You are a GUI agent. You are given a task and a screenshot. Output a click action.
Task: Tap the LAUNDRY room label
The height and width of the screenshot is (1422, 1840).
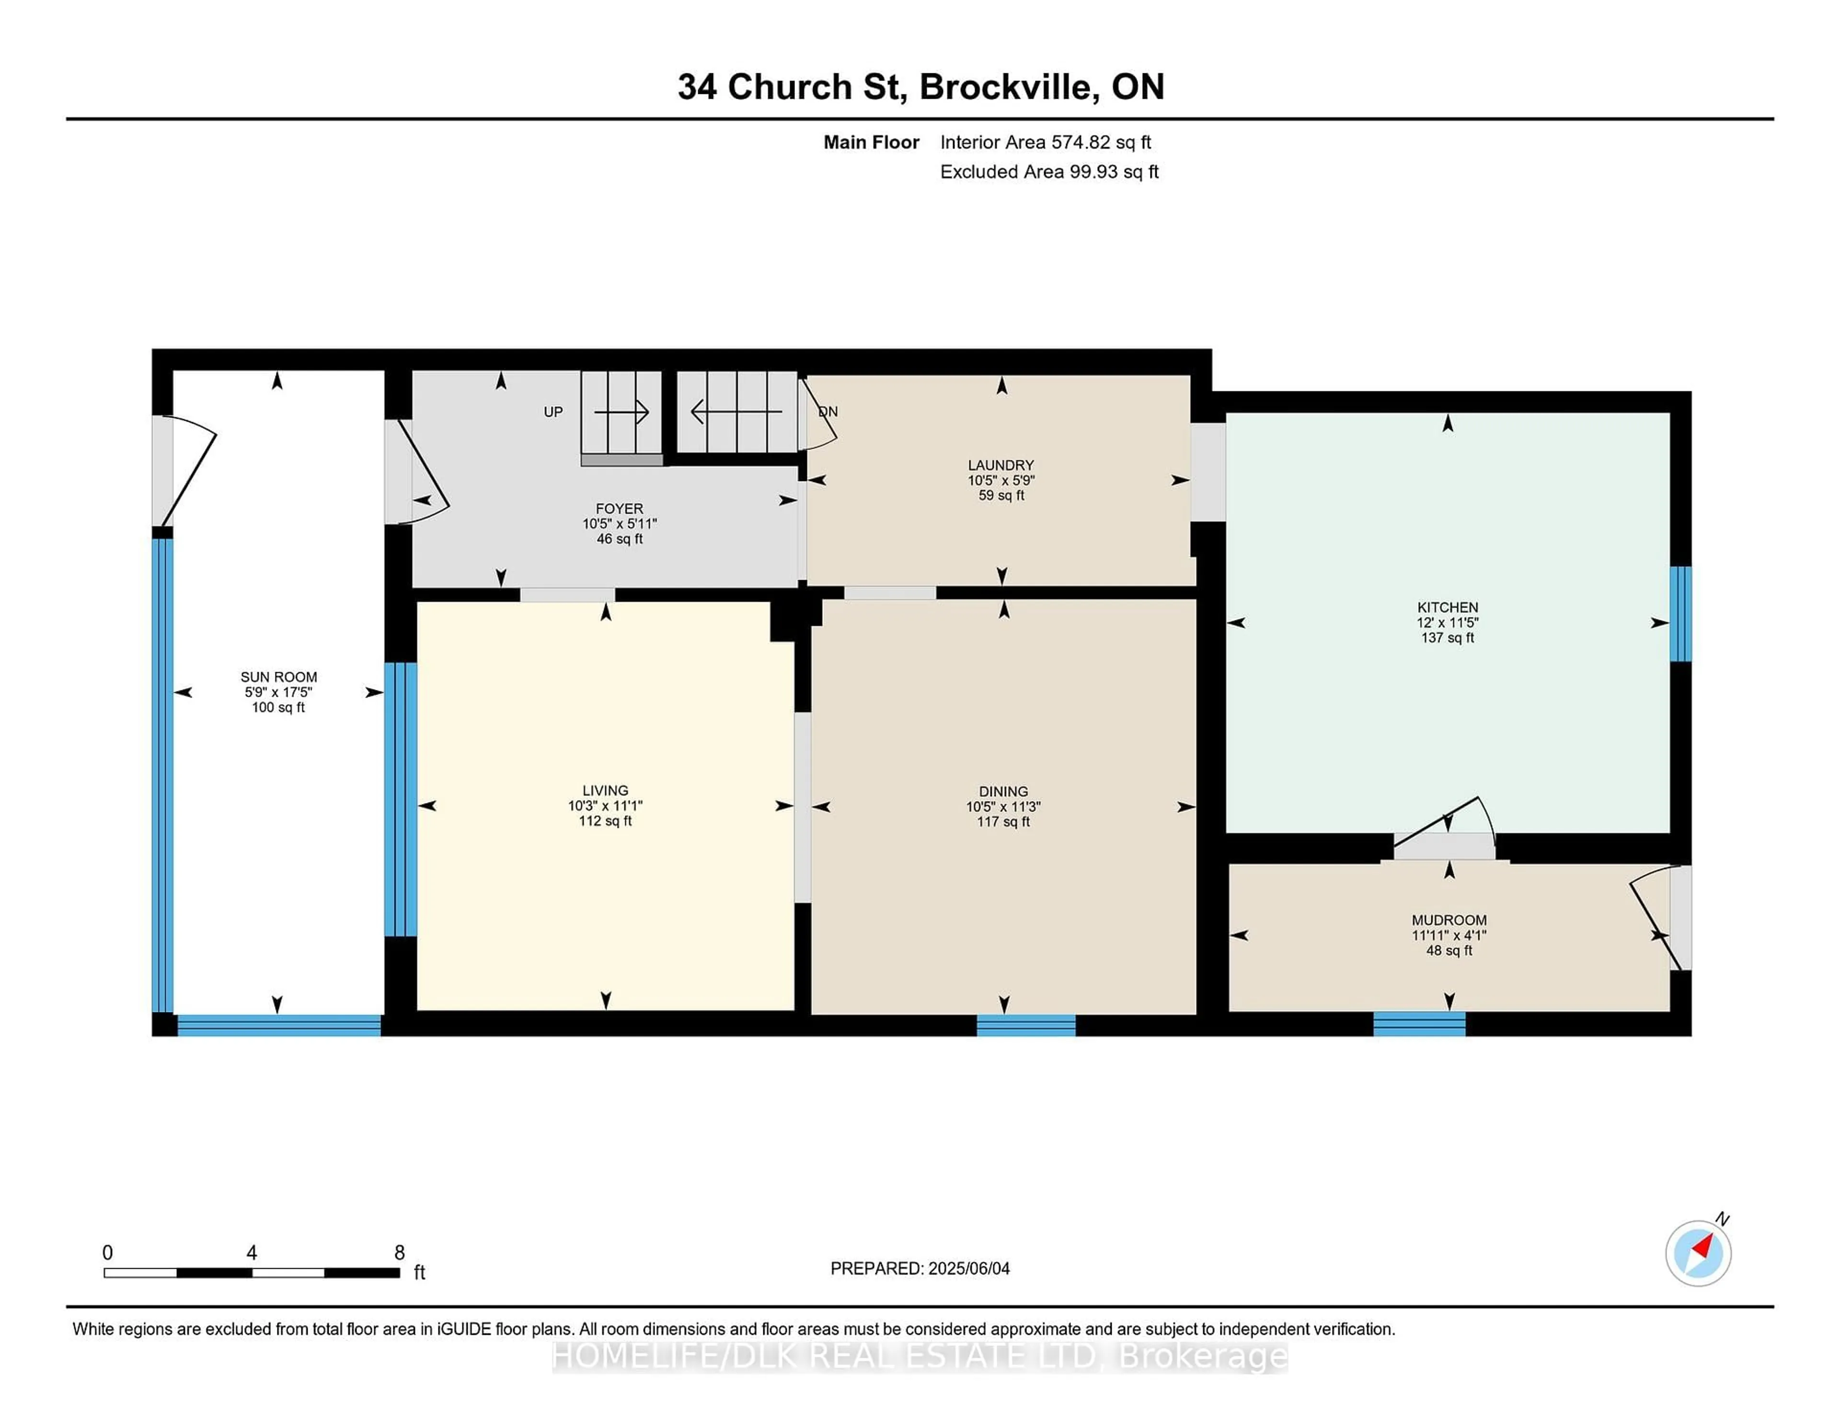coord(1001,465)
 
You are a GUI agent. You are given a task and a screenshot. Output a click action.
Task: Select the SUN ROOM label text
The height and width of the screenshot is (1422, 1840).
coord(279,677)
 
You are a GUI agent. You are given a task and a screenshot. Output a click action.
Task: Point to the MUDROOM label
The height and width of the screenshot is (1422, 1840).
coord(1449,920)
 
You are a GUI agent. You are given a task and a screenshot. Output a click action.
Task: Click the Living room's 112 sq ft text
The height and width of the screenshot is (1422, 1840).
coord(605,821)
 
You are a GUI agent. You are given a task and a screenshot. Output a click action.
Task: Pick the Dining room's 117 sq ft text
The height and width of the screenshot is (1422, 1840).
coord(1003,821)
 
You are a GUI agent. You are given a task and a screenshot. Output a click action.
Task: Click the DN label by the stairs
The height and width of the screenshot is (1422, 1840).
coord(828,412)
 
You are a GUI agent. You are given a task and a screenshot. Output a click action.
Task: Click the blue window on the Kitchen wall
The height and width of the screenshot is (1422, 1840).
coord(1681,613)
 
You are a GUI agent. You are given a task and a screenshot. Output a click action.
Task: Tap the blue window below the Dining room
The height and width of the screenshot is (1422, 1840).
coord(1026,1025)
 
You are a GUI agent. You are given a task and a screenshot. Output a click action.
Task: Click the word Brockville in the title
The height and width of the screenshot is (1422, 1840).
coord(1009,87)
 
